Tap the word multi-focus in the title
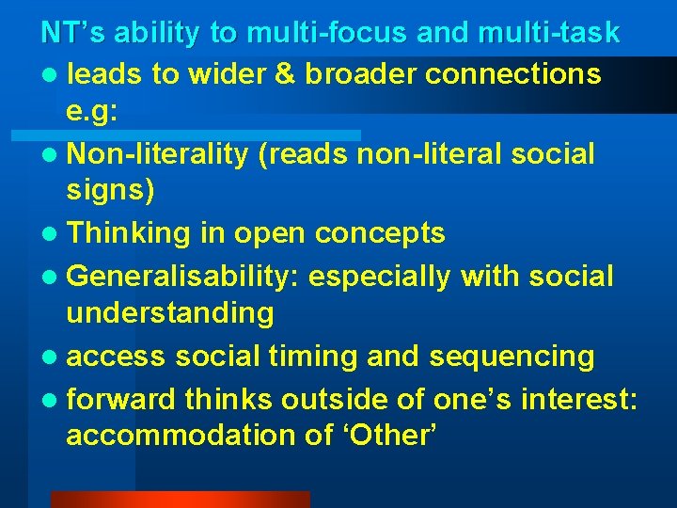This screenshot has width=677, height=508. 323,33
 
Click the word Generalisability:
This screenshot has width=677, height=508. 183,276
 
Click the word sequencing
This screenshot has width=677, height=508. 513,357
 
